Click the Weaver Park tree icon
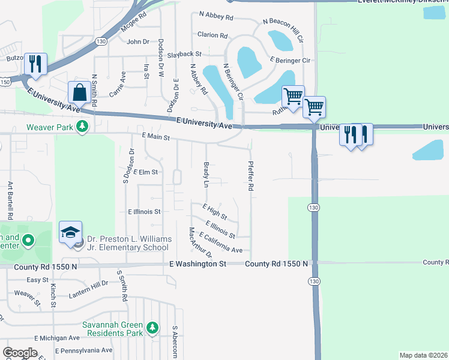(x=82, y=127)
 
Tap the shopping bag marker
(x=79, y=94)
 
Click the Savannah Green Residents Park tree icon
(x=153, y=328)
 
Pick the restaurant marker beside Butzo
(x=36, y=64)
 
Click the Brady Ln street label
(x=205, y=174)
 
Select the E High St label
(x=214, y=211)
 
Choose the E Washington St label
(x=197, y=263)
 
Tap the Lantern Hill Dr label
(x=88, y=287)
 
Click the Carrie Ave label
(x=118, y=85)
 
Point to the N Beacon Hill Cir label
(x=284, y=26)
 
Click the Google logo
(x=20, y=353)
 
